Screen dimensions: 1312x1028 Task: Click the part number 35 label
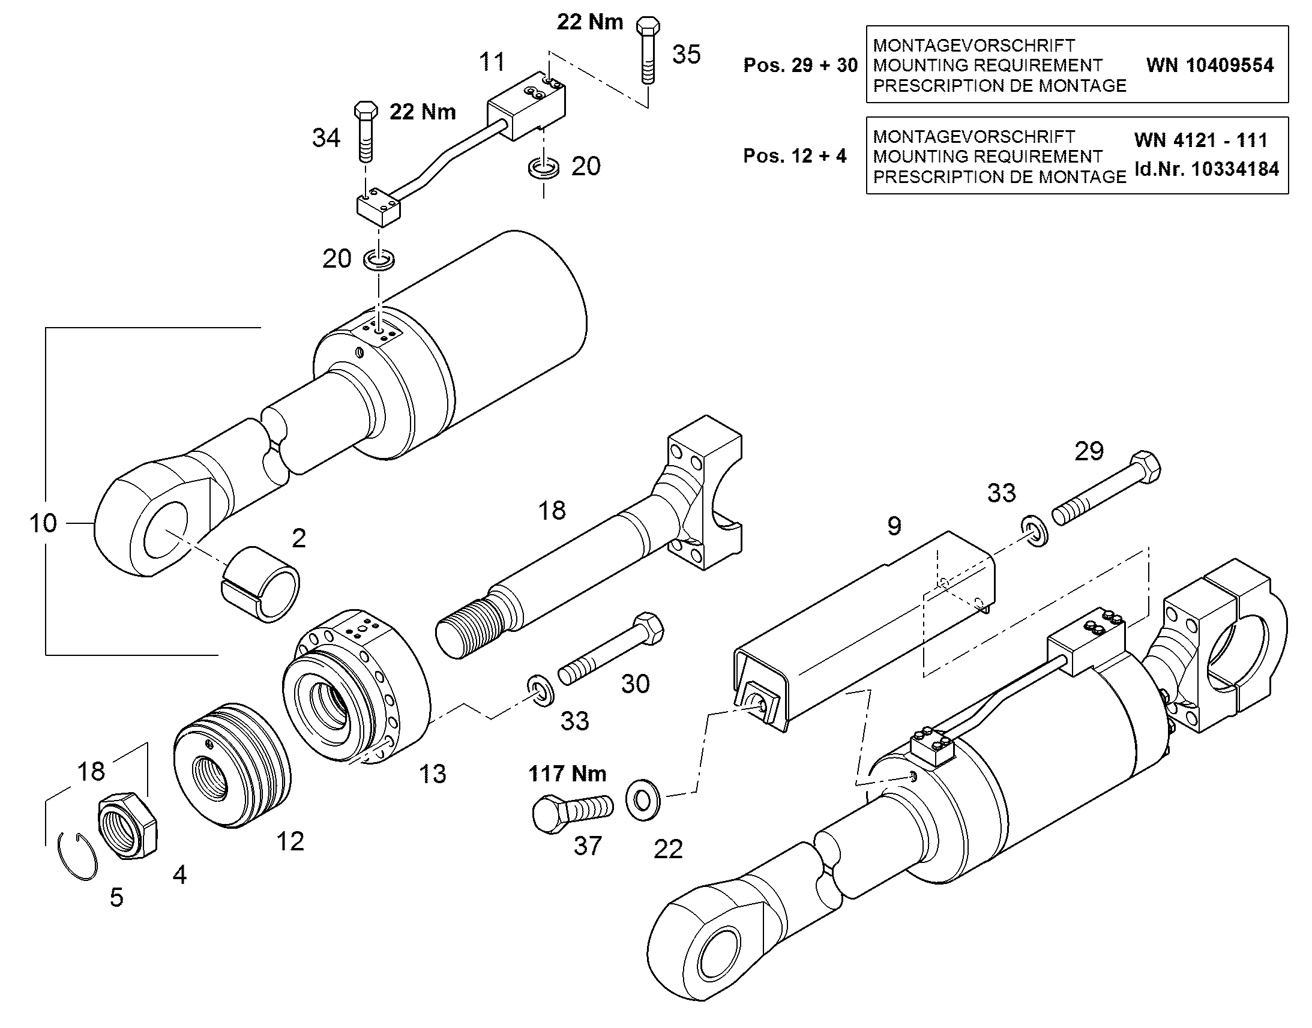pyautogui.click(x=686, y=54)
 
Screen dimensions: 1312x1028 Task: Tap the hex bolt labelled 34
pyautogui.click(x=366, y=132)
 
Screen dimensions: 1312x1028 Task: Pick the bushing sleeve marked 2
pyautogui.click(x=261, y=583)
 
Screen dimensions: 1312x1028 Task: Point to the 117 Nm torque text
pyautogui.click(x=568, y=774)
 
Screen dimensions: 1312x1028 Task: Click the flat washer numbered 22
pyautogui.click(x=643, y=800)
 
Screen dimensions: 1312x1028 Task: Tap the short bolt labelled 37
pyautogui.click(x=573, y=813)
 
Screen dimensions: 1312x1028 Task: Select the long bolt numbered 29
pyautogui.click(x=1106, y=493)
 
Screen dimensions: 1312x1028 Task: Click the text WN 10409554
pyautogui.click(x=1210, y=65)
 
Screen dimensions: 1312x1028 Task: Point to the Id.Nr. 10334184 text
pyautogui.click(x=1207, y=169)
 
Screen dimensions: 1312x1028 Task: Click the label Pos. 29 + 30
pyautogui.click(x=801, y=65)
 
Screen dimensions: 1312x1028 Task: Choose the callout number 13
pyautogui.click(x=433, y=774)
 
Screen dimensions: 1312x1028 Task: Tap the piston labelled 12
pyautogui.click(x=232, y=766)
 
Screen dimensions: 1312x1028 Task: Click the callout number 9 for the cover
pyautogui.click(x=894, y=526)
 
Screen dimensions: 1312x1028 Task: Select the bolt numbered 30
pyautogui.click(x=611, y=648)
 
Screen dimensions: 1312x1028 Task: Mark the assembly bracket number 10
pyautogui.click(x=43, y=523)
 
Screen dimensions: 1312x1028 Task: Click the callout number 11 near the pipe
pyautogui.click(x=492, y=61)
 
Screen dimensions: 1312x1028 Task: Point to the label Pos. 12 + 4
pyautogui.click(x=795, y=156)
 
